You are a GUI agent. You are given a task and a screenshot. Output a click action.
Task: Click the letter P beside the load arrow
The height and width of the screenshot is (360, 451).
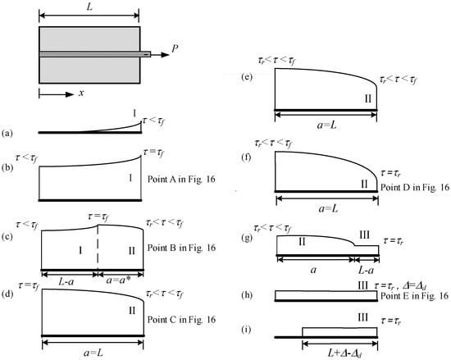coord(175,49)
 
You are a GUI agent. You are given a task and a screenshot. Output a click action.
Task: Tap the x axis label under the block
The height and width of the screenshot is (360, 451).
coord(81,93)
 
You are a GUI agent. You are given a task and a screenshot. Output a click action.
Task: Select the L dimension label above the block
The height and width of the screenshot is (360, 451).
coord(89,7)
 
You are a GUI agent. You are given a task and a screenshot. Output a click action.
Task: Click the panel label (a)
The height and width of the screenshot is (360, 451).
coord(7,133)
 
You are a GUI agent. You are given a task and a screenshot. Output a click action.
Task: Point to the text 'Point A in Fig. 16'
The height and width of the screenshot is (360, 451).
coord(181,179)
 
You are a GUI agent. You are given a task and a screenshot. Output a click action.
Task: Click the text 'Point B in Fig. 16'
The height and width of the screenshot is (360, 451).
coord(181,248)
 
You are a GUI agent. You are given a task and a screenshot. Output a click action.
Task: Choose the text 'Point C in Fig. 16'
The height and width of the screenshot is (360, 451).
coord(181,320)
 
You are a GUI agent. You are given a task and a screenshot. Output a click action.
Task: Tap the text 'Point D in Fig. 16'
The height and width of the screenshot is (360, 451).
coord(415,187)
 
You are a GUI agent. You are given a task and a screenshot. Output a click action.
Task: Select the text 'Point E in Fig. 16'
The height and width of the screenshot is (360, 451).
coord(414,295)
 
